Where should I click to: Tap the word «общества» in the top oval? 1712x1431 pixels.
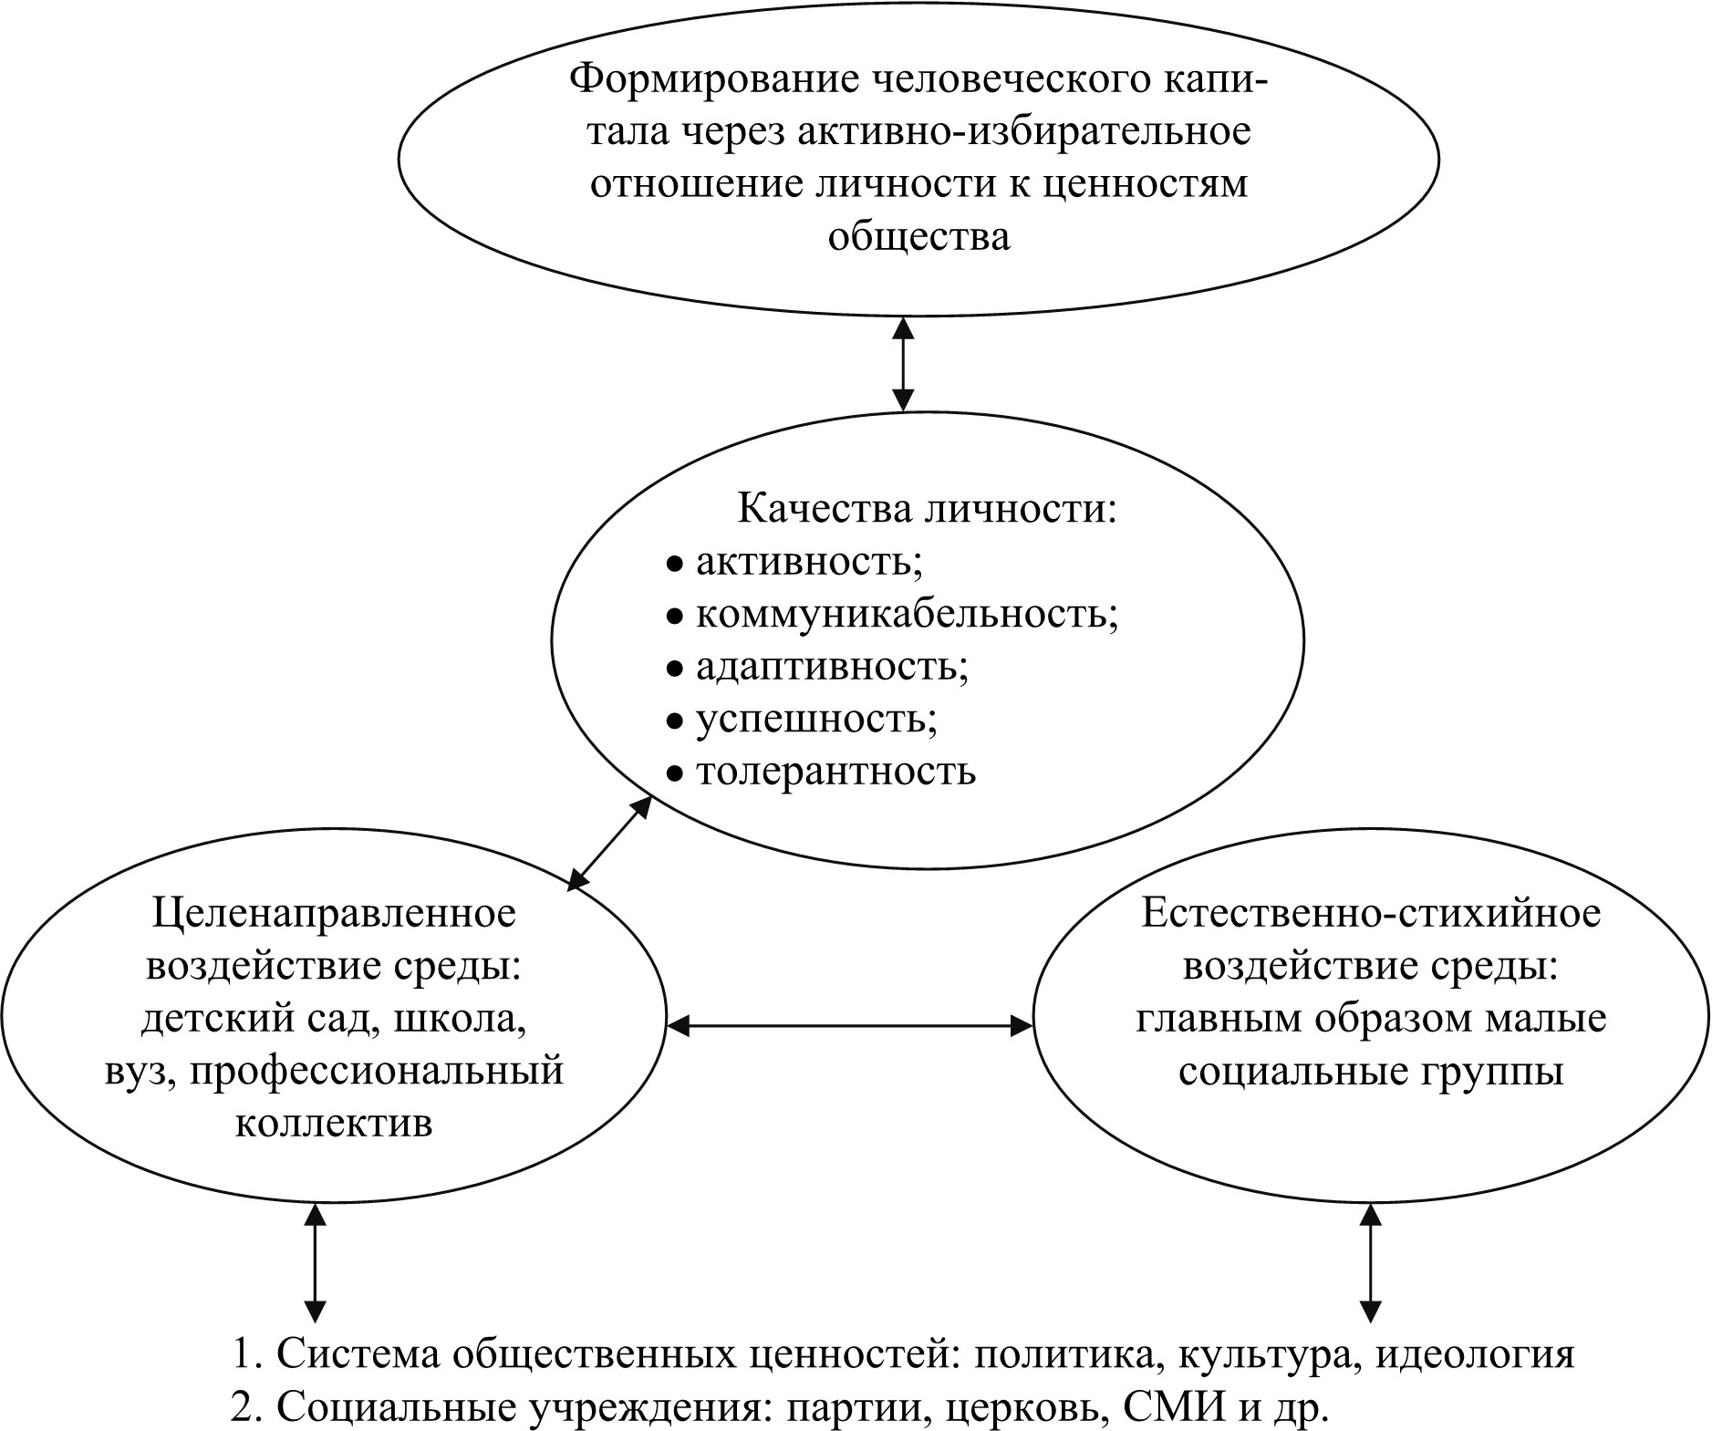[918, 237]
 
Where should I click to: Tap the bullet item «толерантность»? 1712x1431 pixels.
[835, 772]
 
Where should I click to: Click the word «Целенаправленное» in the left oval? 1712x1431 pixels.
[334, 912]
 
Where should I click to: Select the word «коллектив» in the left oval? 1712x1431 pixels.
[334, 1123]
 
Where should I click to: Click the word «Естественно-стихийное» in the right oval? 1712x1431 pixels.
[1371, 912]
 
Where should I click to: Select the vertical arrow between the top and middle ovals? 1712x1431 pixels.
[903, 363]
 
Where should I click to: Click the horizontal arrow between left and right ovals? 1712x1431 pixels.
[850, 1026]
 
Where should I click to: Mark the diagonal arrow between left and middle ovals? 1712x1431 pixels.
[609, 843]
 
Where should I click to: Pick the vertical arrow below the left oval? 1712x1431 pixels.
[316, 1262]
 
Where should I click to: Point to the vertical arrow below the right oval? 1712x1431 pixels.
[1370, 1262]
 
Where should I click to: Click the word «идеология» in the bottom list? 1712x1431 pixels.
[1474, 1354]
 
